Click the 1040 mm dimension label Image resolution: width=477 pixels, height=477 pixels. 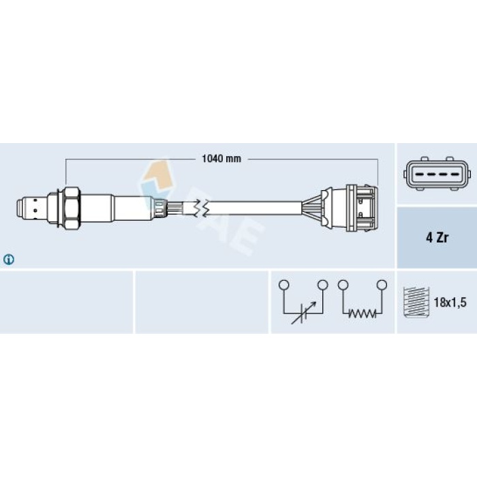pos(221,159)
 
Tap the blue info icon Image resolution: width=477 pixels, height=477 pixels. pos(8,260)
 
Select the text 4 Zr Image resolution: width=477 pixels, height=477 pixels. pos(437,238)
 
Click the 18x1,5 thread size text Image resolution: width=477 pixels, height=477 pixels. pos(450,303)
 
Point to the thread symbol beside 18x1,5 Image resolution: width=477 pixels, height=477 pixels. pos(416,302)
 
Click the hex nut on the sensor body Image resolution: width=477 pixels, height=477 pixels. pos(72,209)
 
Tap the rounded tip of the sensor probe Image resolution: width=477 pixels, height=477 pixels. pos(20,209)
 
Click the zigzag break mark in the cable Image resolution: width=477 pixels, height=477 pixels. pos(202,208)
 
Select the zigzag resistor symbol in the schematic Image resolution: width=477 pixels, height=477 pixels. pos(362,313)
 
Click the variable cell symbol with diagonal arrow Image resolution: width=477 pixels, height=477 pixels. pos(304,313)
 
